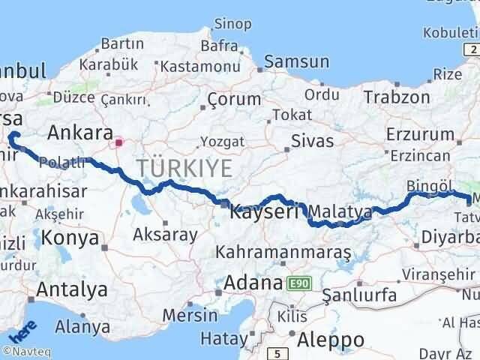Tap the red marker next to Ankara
[x=118, y=141]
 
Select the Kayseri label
[x=259, y=211]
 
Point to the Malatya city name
[x=340, y=211]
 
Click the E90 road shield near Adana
[x=300, y=284]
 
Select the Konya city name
[x=70, y=238]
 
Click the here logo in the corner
[x=22, y=329]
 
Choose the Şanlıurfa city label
[x=358, y=295]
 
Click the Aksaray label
[x=165, y=234]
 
